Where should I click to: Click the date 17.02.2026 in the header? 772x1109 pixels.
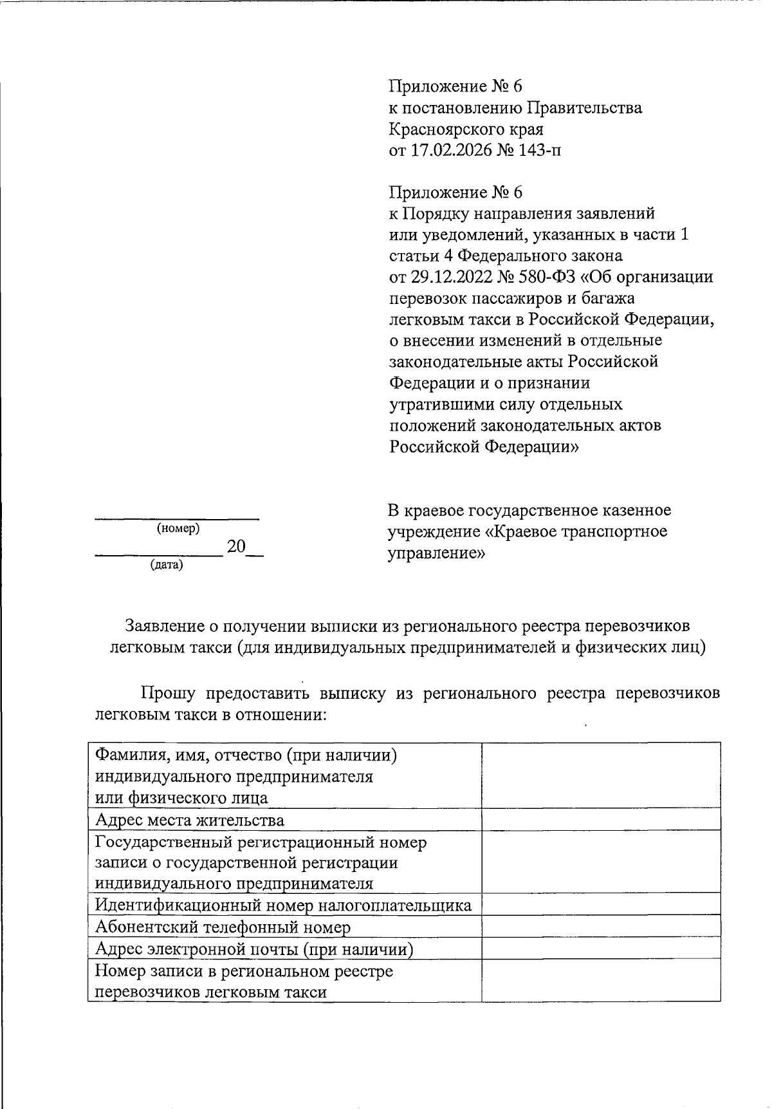[445, 151]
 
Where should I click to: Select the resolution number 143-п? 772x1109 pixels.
[539, 151]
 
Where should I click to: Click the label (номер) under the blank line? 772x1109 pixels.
[178, 529]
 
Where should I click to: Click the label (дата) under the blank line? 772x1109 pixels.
[167, 565]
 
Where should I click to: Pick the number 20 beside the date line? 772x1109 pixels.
[236, 547]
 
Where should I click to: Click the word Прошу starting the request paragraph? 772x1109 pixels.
[168, 693]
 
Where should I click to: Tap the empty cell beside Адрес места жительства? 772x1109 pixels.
[600, 819]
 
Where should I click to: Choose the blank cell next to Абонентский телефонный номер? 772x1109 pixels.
[600, 927]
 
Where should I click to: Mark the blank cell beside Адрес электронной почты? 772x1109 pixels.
[600, 949]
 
